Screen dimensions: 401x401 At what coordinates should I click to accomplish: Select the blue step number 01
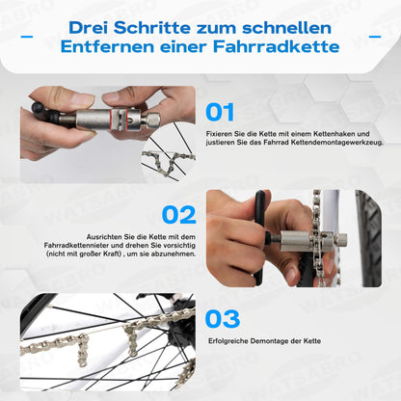tap(220, 113)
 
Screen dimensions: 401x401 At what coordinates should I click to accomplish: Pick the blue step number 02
tap(179, 215)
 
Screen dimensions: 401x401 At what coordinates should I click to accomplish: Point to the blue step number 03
tap(223, 319)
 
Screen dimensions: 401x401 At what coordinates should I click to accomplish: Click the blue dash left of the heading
tap(27, 37)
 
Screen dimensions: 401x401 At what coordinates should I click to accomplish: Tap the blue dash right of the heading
tap(375, 37)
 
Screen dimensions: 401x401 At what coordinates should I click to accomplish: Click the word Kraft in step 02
tap(111, 254)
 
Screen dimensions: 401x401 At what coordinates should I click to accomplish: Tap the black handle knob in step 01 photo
tap(40, 108)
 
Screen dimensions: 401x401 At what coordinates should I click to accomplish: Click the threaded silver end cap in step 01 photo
tap(153, 120)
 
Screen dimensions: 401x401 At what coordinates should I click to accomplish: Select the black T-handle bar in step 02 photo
tap(259, 238)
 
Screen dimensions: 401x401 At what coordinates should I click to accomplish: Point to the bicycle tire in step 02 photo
tap(368, 238)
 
